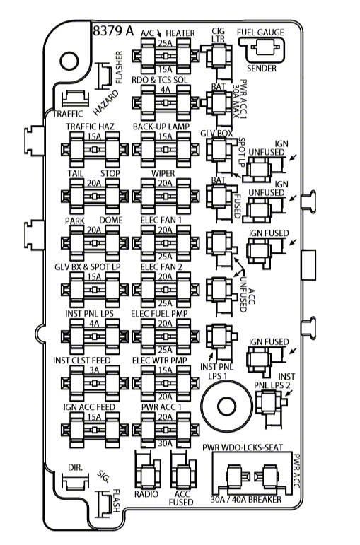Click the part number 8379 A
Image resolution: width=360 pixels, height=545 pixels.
pyautogui.click(x=113, y=30)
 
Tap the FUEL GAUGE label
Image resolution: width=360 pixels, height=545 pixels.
pyautogui.click(x=260, y=33)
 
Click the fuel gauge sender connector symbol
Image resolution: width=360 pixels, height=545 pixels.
pyautogui.click(x=262, y=49)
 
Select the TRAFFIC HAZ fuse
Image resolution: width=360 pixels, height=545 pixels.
pyautogui.click(x=94, y=150)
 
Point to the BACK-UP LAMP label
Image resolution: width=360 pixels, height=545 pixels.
pyautogui.click(x=161, y=126)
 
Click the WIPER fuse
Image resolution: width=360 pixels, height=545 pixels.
pyautogui.click(x=166, y=197)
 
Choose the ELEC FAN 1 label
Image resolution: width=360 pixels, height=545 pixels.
pyautogui.click(x=161, y=220)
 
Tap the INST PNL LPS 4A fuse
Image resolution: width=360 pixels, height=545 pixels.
pyautogui.click(x=94, y=336)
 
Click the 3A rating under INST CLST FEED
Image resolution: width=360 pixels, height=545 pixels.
pyautogui.click(x=94, y=370)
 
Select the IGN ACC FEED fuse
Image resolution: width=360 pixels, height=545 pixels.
pyautogui.click(x=94, y=430)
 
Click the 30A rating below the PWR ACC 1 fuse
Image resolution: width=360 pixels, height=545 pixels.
pyautogui.click(x=166, y=443)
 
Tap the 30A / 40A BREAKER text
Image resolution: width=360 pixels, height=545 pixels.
pyautogui.click(x=246, y=500)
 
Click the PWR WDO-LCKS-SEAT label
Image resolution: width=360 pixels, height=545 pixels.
pyautogui.click(x=243, y=447)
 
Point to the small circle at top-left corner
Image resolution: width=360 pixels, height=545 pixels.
pyautogui.click(x=70, y=61)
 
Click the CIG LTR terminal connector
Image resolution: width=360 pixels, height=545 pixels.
pyautogui.click(x=219, y=58)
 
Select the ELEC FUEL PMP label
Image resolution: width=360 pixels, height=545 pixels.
pyautogui.click(x=159, y=314)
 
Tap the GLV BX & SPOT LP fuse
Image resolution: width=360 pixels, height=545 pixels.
pyautogui.click(x=94, y=290)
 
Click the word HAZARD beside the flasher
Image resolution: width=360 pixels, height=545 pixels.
pyautogui.click(x=106, y=103)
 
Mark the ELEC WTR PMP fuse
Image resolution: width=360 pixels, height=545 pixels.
pyautogui.click(x=166, y=383)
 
